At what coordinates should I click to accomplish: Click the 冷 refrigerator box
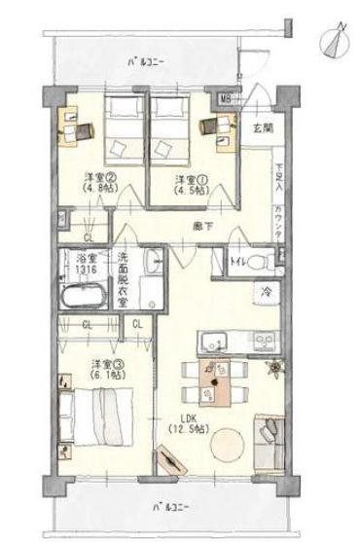(x=264, y=292)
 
